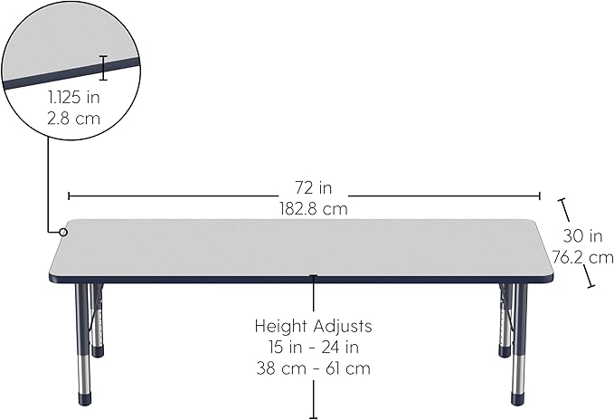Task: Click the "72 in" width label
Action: pyautogui.click(x=313, y=188)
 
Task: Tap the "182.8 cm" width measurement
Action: pyautogui.click(x=313, y=208)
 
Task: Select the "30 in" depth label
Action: pyautogui.click(x=582, y=236)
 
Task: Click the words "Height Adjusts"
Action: pyautogui.click(x=313, y=325)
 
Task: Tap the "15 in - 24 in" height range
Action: pyautogui.click(x=313, y=347)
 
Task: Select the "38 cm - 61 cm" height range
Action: pyautogui.click(x=313, y=368)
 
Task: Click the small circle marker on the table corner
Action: pyautogui.click(x=64, y=233)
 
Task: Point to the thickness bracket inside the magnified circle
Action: pyautogui.click(x=103, y=67)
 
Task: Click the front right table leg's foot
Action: pyautogui.click(x=518, y=398)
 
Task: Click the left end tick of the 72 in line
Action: pyautogui.click(x=69, y=195)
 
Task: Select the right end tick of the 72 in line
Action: pyautogui.click(x=540, y=195)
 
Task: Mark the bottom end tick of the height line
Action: pyautogui.click(x=313, y=416)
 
